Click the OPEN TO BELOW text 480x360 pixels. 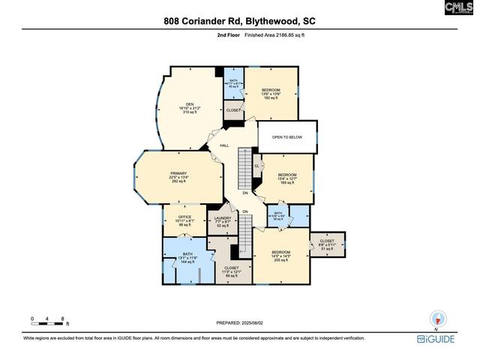(286, 137)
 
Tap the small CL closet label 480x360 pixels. (257, 166)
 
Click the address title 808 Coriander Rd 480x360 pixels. (240, 21)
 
